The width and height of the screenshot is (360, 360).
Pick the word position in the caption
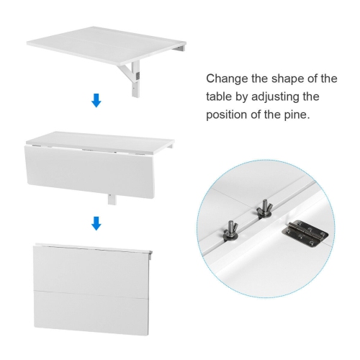coord(229,114)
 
